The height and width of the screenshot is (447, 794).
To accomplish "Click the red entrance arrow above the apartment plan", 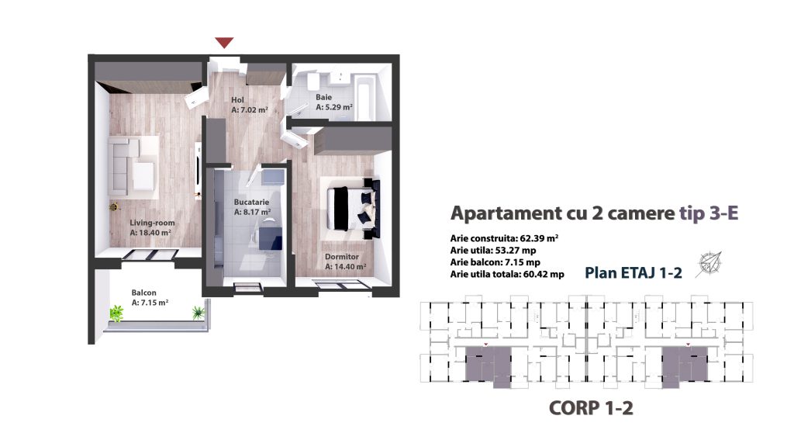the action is (224, 43).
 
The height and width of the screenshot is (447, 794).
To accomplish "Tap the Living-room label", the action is (152, 223).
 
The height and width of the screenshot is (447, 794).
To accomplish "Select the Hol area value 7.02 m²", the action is (249, 109).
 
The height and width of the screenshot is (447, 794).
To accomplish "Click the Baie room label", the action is (324, 97).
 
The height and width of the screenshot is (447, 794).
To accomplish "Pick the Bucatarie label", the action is (251, 202).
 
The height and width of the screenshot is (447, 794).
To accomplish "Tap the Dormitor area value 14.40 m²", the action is (345, 267).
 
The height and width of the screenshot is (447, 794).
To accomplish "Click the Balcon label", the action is (143, 293).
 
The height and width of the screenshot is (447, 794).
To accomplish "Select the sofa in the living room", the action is (130, 165).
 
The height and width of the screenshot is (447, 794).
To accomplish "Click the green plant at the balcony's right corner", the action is (198, 312).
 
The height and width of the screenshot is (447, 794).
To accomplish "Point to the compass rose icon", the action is (709, 264).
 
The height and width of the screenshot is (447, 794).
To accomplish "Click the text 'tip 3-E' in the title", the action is (709, 213).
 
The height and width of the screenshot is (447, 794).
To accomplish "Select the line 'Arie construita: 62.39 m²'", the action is (504, 238).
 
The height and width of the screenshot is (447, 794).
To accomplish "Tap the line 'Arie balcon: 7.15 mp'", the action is (495, 262).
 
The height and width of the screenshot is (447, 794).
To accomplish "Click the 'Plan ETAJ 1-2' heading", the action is (633, 272).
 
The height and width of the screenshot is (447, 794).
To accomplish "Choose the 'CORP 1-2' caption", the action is (591, 408).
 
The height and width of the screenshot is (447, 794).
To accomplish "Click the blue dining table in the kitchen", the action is (271, 238).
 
